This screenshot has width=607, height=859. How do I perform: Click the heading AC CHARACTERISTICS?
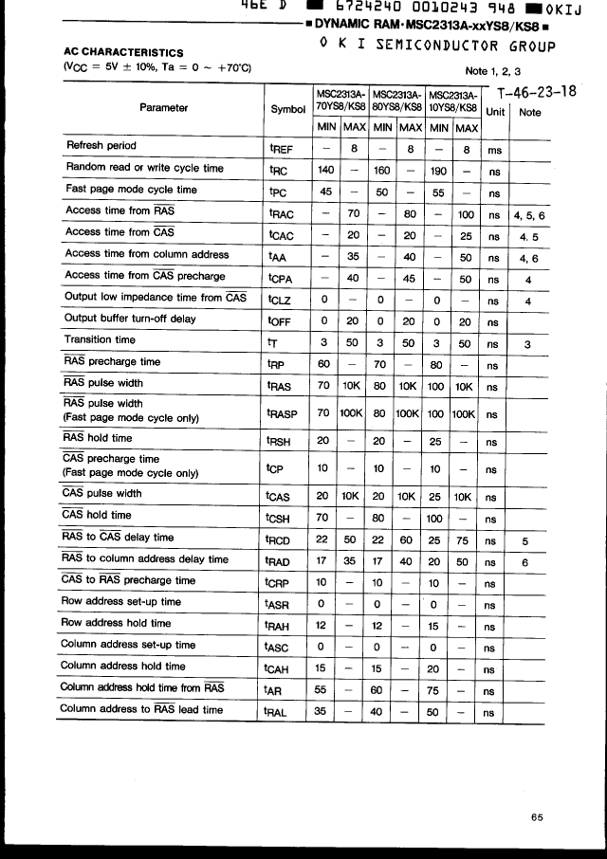tap(123, 52)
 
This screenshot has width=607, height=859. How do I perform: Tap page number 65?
tap(537, 817)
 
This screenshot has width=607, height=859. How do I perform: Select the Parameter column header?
tap(163, 108)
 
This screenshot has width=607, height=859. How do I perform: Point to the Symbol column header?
tap(288, 109)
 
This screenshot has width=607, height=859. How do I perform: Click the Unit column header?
tap(495, 112)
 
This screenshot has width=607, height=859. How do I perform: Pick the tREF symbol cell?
tap(283, 148)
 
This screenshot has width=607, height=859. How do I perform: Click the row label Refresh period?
tap(101, 146)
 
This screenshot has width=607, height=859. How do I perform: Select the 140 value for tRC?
tap(326, 170)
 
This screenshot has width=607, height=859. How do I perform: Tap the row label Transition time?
tap(100, 339)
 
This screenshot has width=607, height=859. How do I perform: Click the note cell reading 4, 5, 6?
tap(529, 215)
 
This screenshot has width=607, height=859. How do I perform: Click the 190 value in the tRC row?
tap(437, 170)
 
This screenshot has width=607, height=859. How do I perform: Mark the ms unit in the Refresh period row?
tap(494, 149)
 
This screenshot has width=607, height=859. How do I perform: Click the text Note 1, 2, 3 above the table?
tap(493, 71)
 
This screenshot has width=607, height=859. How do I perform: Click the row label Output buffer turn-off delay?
tap(130, 319)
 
